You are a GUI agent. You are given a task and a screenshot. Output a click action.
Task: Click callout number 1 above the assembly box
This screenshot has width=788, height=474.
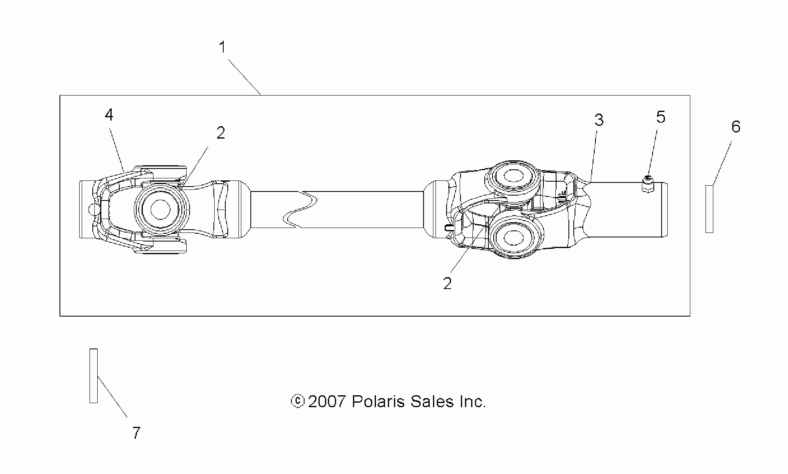222,48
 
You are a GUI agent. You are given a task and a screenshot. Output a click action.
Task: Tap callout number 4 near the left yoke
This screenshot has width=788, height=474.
109,115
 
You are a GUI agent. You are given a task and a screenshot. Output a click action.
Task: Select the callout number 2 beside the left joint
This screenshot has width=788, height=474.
221,133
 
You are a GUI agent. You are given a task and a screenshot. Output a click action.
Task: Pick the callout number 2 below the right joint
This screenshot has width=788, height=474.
447,283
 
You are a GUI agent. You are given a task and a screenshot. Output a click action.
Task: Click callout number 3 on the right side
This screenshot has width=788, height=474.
599,120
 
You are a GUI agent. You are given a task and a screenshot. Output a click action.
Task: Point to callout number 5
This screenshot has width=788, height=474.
661,117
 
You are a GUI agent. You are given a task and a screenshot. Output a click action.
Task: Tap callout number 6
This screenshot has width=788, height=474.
736,127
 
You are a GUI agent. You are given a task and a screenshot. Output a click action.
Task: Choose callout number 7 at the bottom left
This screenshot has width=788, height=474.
136,433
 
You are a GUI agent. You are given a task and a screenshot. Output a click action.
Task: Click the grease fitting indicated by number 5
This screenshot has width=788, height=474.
648,184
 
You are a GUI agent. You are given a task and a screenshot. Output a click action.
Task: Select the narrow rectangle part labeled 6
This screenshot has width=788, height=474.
709,209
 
